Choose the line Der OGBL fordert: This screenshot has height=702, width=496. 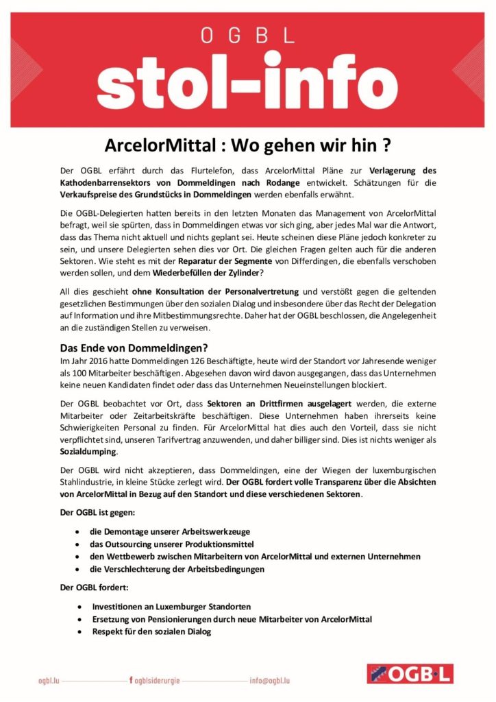pos(89,588)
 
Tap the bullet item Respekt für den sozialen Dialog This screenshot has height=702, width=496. pos(151,631)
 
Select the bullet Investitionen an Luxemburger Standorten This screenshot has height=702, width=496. pos(171,607)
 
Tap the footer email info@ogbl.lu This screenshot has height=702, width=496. pos(270,681)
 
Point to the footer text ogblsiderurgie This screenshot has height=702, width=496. pos(157,681)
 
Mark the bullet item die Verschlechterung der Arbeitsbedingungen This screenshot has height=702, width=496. pos(177,569)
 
